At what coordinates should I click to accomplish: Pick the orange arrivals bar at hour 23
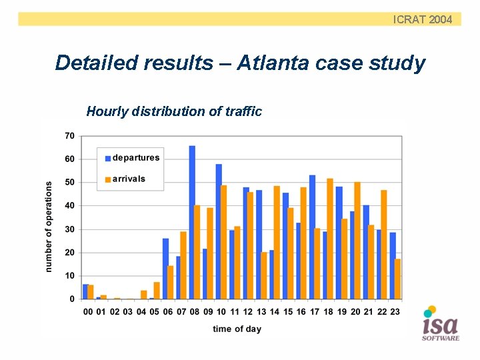[x=397, y=279]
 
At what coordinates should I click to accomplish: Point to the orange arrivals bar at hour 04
[x=143, y=295]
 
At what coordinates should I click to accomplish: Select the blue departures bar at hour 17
[x=312, y=237]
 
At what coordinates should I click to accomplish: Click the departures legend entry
[x=132, y=158]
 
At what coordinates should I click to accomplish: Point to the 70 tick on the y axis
[x=69, y=136]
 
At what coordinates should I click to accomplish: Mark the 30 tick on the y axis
[x=69, y=229]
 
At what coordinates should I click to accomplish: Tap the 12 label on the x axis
[x=248, y=311]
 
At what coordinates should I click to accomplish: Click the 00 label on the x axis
[x=88, y=311]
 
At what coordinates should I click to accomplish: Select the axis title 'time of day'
[x=237, y=329]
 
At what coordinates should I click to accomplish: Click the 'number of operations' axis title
[x=49, y=227]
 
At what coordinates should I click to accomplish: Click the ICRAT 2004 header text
[x=423, y=19]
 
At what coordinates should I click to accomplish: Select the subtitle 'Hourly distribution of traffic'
[x=174, y=111]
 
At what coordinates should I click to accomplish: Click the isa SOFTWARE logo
[x=440, y=325]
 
